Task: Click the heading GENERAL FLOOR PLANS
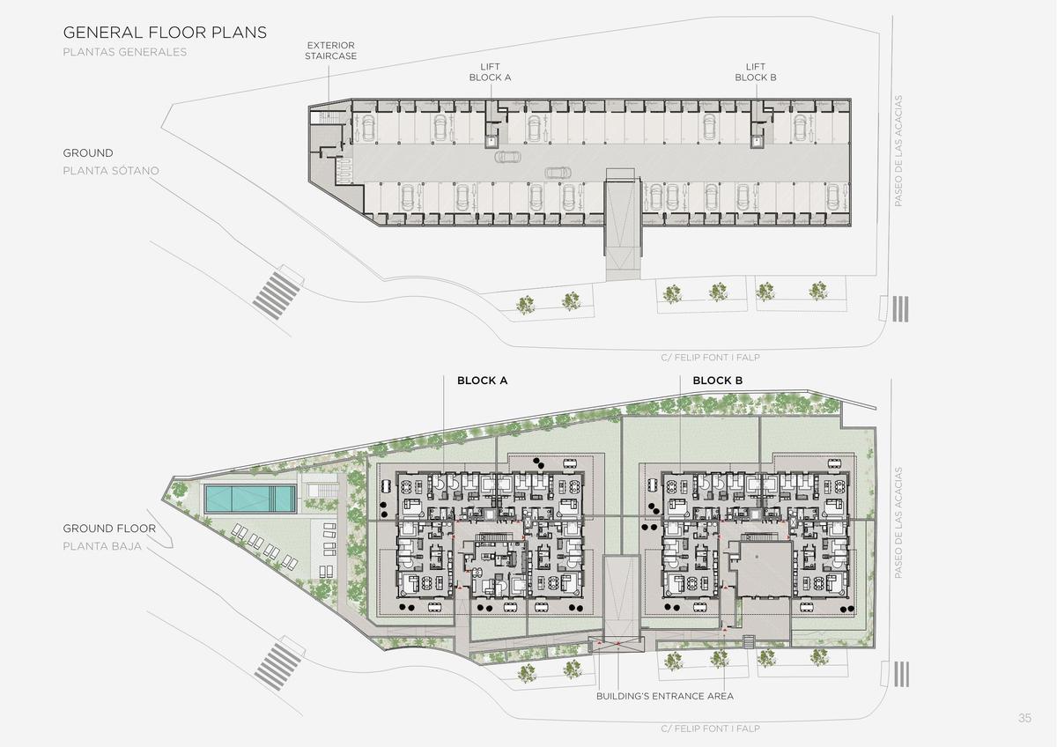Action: tap(165, 32)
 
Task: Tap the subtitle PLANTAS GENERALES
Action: tap(124, 52)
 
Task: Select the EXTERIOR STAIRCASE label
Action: tap(330, 50)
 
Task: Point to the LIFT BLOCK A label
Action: tap(490, 72)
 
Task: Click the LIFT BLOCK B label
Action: tap(756, 72)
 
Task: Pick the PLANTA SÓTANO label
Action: tap(111, 170)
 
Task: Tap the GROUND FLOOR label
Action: tap(109, 529)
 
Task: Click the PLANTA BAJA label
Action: tap(102, 546)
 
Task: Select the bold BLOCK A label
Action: tap(483, 381)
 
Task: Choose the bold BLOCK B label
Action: tap(717, 381)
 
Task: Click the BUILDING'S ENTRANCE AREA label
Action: tap(665, 696)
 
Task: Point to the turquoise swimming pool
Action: tap(250, 499)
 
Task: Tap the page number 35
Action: tap(1024, 718)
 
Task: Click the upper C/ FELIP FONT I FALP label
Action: tap(710, 358)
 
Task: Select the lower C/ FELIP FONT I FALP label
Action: tap(710, 729)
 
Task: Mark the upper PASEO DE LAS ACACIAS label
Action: tap(898, 151)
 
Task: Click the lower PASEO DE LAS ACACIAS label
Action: tap(898, 523)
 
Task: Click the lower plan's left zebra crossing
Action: tap(278, 666)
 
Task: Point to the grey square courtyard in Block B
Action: tap(765, 570)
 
